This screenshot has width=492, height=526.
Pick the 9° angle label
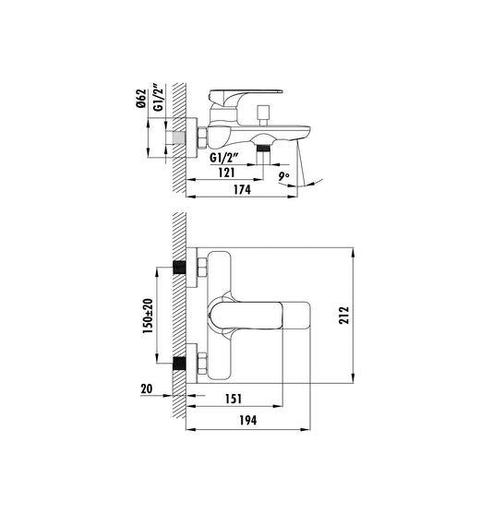coord(284,175)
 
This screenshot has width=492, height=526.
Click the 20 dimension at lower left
coord(146,389)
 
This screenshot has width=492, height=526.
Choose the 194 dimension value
coord(246,420)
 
